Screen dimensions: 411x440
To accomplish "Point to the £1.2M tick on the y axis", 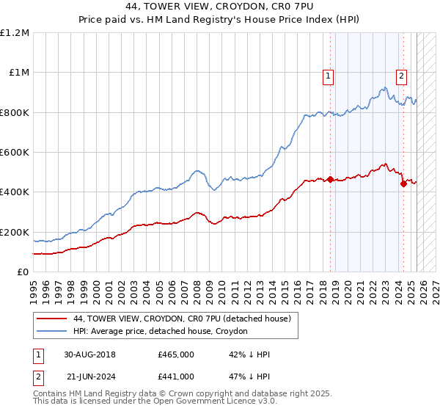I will coord(15,33).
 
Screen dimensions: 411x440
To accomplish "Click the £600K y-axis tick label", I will coord(15,153).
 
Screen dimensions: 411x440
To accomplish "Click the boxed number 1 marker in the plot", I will coord(327,74).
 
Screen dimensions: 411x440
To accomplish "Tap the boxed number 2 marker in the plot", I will coord(402,74).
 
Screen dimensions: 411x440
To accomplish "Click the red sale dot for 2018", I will coord(330,179).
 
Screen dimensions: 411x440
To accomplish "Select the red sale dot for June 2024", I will coord(403,184).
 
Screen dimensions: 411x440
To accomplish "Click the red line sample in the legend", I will coord(53,319).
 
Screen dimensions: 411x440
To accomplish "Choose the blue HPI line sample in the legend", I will coord(53,332).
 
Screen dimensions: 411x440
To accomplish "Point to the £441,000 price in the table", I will coord(176,377).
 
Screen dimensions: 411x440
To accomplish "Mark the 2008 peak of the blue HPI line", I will coord(197,171).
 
